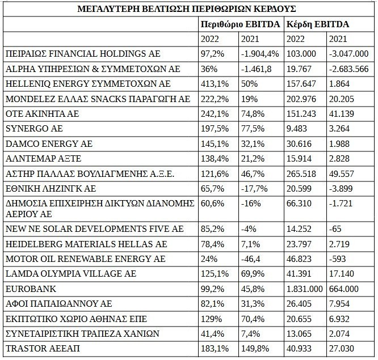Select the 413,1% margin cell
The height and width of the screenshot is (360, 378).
[x=213, y=83]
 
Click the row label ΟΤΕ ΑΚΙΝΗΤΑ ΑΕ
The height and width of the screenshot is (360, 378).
[x=41, y=112]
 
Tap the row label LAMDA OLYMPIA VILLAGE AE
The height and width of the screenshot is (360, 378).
[x=71, y=274]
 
